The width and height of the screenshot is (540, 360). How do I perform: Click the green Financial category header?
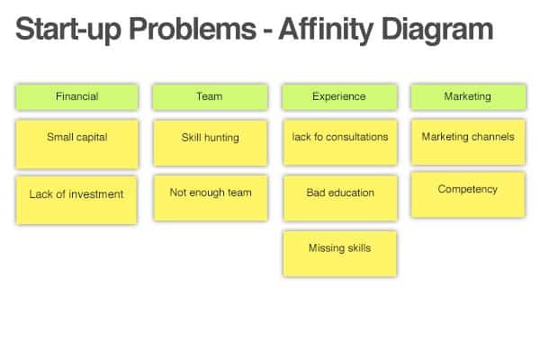(76, 97)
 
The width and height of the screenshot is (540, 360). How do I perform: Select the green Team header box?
(210, 97)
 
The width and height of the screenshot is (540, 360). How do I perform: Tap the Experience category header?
(339, 97)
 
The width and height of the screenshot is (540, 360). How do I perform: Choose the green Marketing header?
(468, 97)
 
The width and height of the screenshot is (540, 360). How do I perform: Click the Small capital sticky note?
(76, 144)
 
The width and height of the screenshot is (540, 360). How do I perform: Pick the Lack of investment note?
(76, 200)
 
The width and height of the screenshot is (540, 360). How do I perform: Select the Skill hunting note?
(210, 143)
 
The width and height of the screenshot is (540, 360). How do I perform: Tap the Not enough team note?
(211, 198)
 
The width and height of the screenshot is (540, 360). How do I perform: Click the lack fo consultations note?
(340, 142)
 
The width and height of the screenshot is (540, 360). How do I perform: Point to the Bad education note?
(340, 198)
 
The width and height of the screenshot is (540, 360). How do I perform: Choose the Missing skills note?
(339, 254)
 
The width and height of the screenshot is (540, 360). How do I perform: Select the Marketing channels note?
(468, 142)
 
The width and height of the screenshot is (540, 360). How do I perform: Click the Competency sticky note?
(468, 195)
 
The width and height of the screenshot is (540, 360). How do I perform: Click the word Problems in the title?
(193, 30)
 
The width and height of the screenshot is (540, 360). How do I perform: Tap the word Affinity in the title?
(326, 30)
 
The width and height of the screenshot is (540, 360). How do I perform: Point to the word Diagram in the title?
(437, 30)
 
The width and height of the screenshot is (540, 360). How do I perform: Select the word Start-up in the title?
(68, 30)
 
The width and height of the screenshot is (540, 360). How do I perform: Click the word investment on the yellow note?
(96, 194)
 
